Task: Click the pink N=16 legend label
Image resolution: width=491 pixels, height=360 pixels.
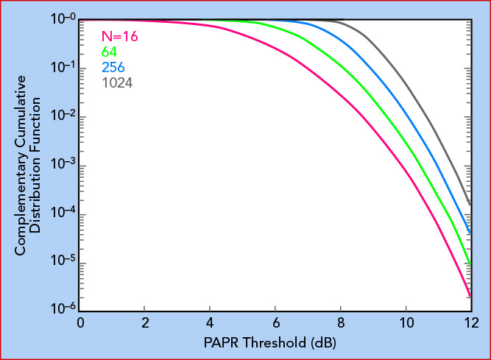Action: pos(120,37)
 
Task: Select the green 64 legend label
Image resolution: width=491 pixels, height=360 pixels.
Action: pos(109,52)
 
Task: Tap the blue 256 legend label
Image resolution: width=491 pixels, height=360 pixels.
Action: pos(113,67)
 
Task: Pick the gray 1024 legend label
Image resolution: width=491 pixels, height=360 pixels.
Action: pos(117,83)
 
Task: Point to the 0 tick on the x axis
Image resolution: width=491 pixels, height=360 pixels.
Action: pos(80,322)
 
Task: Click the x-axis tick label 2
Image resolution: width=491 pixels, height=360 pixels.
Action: pos(145,322)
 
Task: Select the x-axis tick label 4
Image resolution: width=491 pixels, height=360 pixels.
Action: pos(210,322)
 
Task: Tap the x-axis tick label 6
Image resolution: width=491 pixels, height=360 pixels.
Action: pos(276,322)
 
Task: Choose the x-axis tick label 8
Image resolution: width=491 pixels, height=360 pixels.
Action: pos(341,322)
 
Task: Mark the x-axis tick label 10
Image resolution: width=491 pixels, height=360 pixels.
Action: pos(407,322)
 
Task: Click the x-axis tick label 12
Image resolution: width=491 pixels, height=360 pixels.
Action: pos(472,322)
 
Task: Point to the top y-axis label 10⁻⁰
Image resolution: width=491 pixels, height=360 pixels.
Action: pos(63,18)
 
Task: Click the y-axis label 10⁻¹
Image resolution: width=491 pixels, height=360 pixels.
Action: pos(63,67)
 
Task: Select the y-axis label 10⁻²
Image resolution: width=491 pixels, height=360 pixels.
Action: pos(63,116)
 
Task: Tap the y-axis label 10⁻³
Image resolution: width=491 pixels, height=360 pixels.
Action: pos(63,163)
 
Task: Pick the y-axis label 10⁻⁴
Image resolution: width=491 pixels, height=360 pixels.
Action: pos(63,212)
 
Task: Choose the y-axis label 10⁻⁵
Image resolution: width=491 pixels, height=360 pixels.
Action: pos(63,260)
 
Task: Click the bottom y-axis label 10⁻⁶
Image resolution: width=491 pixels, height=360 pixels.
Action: pos(63,308)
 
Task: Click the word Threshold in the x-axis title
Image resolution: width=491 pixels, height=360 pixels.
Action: pos(275,342)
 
